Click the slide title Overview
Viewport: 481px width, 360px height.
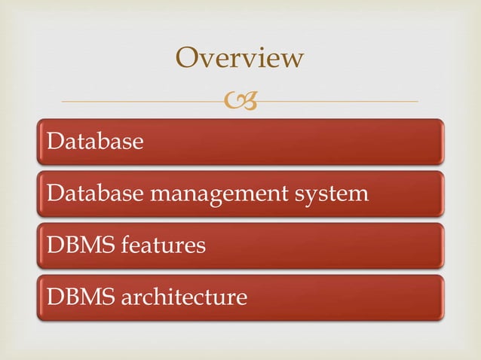coord(240,57)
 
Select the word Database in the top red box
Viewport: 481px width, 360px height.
coord(94,142)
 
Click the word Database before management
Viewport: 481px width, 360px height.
coord(94,194)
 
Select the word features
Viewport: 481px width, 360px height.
coord(159,246)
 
